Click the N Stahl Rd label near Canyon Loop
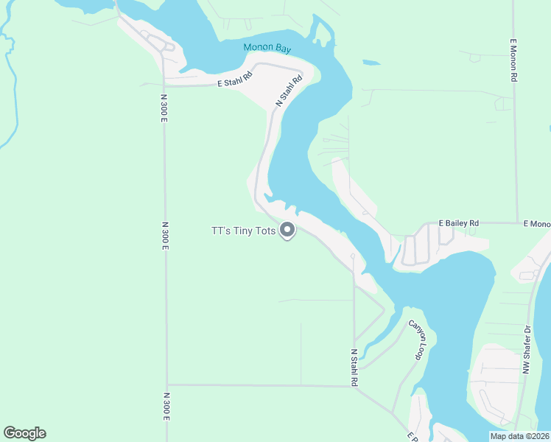(x=354, y=368)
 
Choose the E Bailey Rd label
(x=458, y=222)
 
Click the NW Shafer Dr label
(x=527, y=349)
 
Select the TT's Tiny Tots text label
(x=243, y=231)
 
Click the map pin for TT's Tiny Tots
(x=287, y=231)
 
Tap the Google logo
(x=24, y=433)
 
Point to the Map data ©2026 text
(x=519, y=435)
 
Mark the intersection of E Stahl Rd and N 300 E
(x=164, y=85)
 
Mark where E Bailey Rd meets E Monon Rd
(x=517, y=222)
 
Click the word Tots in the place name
(x=265, y=231)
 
